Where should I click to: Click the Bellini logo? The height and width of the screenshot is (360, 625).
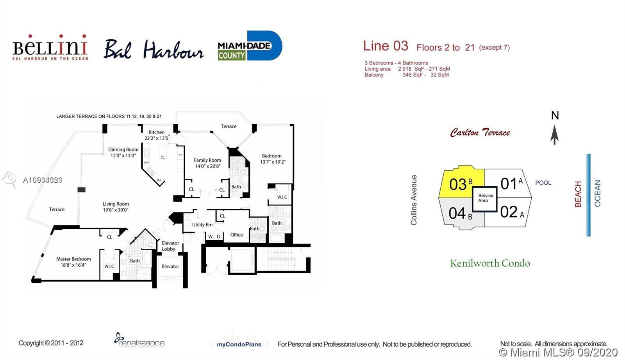pos(50,48)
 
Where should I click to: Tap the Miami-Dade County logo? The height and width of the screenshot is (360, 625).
pos(250,46)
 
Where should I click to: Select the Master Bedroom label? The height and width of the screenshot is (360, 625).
pos(73,262)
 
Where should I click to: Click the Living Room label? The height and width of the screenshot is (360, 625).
pos(116,207)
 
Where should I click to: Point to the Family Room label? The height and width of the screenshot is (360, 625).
pos(207,163)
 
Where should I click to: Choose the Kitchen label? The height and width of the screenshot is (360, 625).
pos(156,135)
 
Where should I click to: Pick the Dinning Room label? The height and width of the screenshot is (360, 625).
pos(123,152)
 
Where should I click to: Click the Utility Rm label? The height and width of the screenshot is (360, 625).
pos(202,225)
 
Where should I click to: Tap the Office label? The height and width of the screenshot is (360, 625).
pos(236,235)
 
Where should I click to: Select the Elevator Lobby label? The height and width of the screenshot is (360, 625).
pos(170,246)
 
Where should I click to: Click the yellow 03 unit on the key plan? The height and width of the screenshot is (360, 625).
pos(461,184)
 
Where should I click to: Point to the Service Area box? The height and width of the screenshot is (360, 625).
pos(485,198)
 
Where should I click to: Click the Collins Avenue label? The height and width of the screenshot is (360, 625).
pos(414,200)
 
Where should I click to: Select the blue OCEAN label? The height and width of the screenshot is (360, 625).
pos(597,193)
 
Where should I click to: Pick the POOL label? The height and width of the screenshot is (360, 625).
pos(543,183)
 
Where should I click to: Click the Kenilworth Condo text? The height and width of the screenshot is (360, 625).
pos(490,264)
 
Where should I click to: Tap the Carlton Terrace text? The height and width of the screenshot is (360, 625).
pos(480,133)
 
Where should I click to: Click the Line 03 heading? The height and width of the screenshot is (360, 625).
pos(386,46)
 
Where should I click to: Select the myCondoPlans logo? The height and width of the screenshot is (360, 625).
pos(239,344)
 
